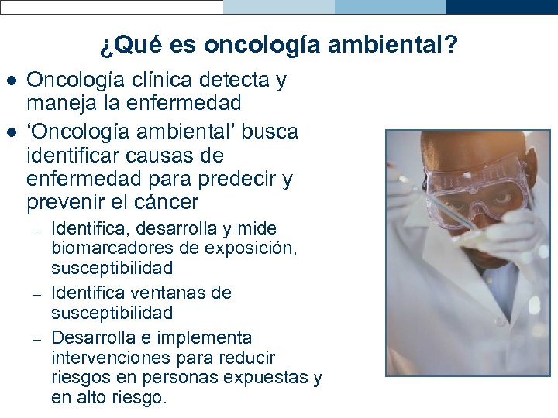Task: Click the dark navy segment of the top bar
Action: click(501, 7)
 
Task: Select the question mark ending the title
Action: click(451, 46)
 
